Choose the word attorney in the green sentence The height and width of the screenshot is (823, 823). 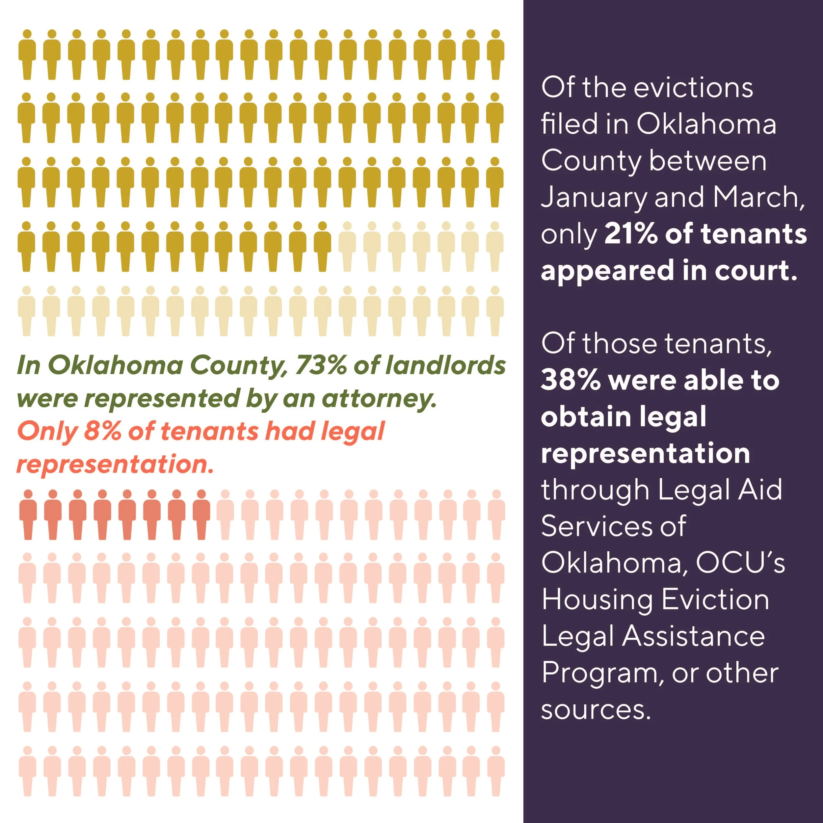click(x=379, y=398)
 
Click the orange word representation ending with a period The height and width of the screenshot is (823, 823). click(x=115, y=464)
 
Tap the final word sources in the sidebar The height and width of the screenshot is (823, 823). click(x=596, y=710)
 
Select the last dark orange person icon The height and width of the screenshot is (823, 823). click(x=201, y=515)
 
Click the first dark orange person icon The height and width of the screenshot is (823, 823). click(x=28, y=515)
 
